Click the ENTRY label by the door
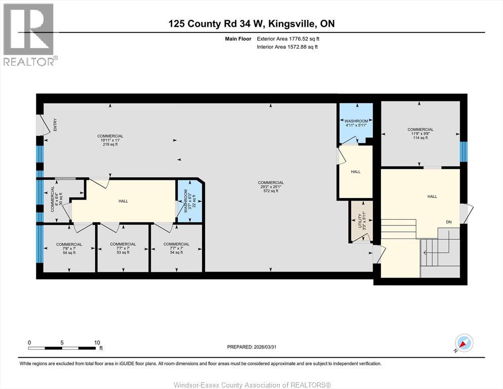click(x=55, y=125)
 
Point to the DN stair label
click(x=448, y=222)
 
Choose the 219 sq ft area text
click(x=110, y=144)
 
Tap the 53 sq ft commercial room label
click(x=123, y=252)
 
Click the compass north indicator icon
click(x=463, y=343)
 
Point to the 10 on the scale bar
click(x=97, y=342)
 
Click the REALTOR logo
click(x=29, y=35)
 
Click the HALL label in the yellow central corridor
click(x=123, y=201)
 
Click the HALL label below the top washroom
click(x=356, y=172)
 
